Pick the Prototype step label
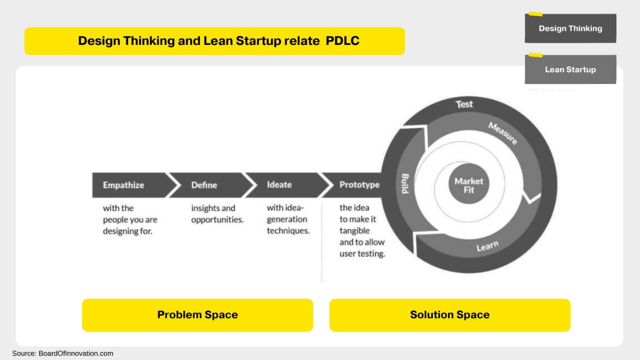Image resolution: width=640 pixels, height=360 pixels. click(359, 185)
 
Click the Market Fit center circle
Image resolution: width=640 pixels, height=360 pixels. click(468, 185)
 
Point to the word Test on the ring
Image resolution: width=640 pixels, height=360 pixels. click(464, 104)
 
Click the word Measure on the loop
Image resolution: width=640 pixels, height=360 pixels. click(502, 133)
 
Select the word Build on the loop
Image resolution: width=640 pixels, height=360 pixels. click(405, 183)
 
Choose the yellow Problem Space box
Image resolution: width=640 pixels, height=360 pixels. click(197, 315)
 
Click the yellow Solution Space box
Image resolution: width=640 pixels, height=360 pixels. click(449, 315)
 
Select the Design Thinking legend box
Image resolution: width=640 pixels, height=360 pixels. click(570, 28)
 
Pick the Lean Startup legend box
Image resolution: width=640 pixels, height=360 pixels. click(570, 69)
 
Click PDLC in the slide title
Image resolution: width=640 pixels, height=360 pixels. click(342, 41)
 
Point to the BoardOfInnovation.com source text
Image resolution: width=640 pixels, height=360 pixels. click(75, 353)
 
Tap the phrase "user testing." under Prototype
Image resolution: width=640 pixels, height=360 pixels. click(362, 253)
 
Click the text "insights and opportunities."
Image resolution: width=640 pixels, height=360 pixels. click(217, 214)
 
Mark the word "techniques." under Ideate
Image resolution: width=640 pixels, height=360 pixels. click(288, 230)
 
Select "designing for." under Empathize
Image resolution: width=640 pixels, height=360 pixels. click(127, 231)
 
